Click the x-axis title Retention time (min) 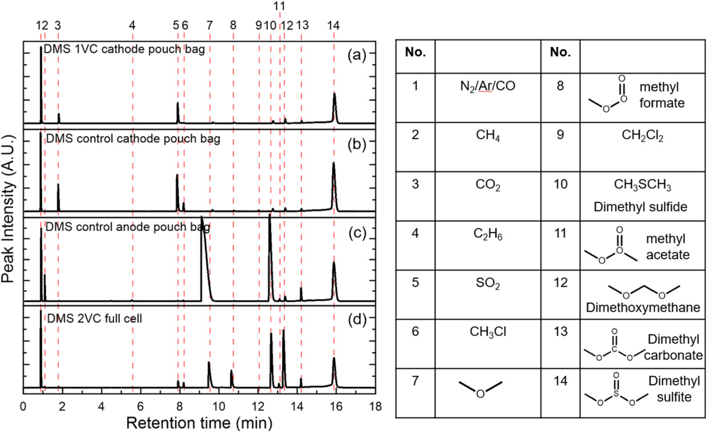click(x=198, y=422)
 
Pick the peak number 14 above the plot click(x=334, y=26)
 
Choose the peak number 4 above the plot click(x=132, y=26)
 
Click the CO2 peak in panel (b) click(x=58, y=197)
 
